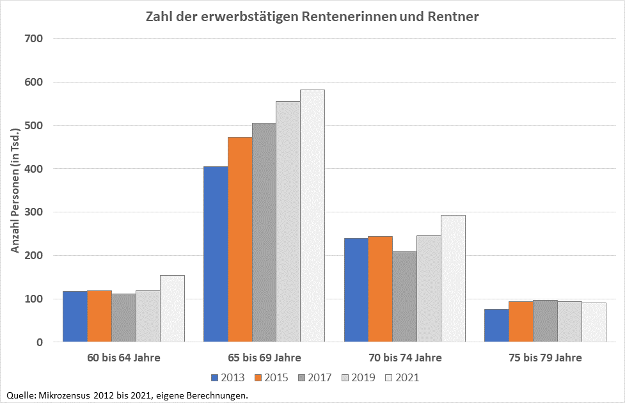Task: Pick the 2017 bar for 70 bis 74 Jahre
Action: click(x=404, y=297)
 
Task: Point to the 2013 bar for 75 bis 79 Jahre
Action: click(x=496, y=326)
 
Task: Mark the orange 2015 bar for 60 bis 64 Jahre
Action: click(x=99, y=317)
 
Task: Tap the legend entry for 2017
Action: click(x=313, y=377)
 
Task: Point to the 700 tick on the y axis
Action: click(x=33, y=38)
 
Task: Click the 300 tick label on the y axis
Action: click(x=33, y=212)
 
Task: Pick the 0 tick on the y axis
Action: click(x=39, y=342)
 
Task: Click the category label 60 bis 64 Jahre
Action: click(x=123, y=358)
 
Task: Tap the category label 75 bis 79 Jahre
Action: click(x=545, y=358)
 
